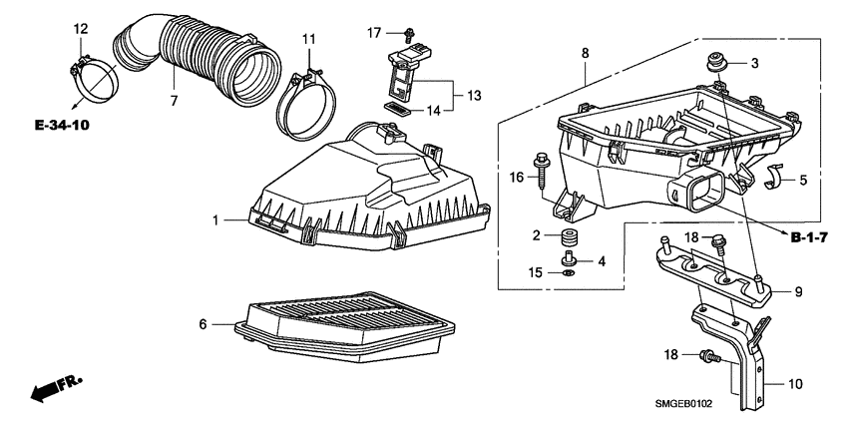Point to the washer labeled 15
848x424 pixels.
568,272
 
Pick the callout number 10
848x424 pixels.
796,383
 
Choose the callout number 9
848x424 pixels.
797,292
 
